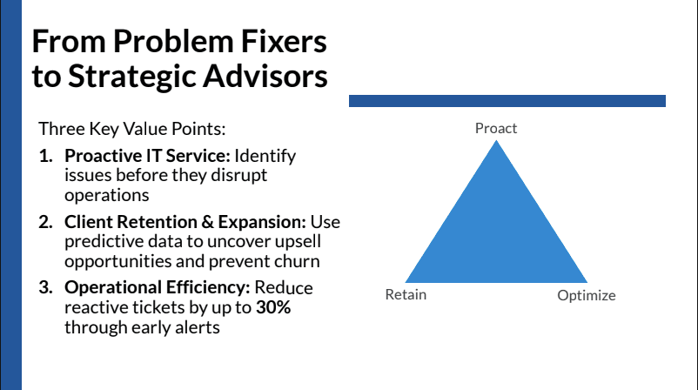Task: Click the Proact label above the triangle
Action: pos(496,128)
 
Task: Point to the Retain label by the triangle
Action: pos(406,294)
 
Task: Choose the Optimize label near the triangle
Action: pos(586,295)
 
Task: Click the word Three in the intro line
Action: pos(59,129)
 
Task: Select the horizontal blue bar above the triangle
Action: pos(507,101)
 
